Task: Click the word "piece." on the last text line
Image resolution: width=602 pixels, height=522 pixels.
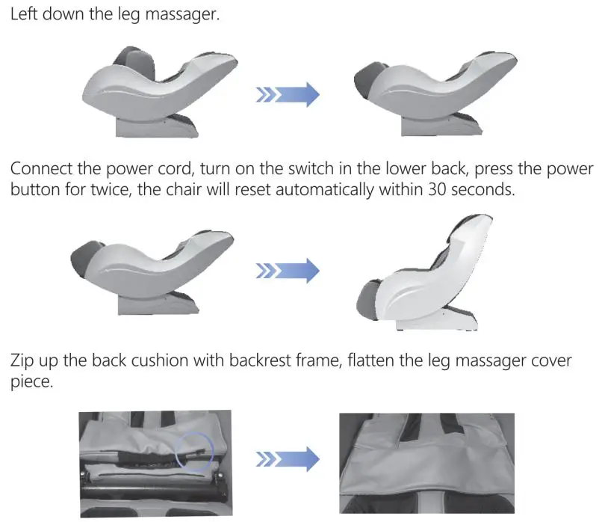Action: tap(29, 381)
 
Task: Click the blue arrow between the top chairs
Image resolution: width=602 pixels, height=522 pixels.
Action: tap(288, 95)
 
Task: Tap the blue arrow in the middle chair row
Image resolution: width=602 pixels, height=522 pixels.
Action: tap(288, 269)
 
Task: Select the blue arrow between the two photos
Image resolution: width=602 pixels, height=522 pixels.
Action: tap(288, 458)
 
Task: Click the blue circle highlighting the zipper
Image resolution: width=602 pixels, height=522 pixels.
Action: tap(193, 452)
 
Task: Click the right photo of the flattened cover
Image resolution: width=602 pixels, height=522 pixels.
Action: tap(426, 464)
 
